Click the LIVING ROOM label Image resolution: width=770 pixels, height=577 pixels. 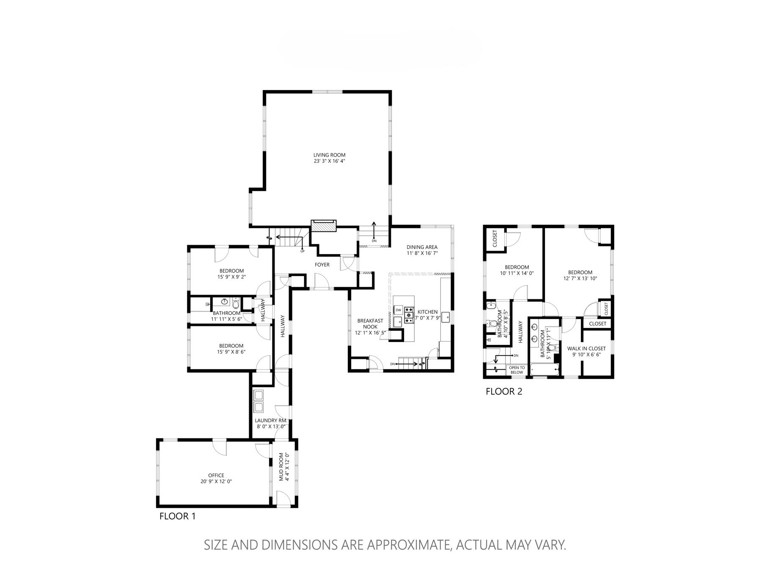click(x=329, y=155)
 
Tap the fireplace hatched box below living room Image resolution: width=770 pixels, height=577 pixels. click(x=324, y=226)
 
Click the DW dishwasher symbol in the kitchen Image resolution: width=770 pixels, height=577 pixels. click(x=398, y=310)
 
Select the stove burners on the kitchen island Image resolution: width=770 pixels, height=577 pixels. click(x=409, y=315)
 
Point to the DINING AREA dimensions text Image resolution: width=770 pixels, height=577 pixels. click(x=422, y=253)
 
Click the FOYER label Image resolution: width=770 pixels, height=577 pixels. click(x=322, y=265)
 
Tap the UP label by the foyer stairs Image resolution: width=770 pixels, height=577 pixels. click(x=302, y=251)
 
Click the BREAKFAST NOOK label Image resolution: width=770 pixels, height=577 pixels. click(x=370, y=323)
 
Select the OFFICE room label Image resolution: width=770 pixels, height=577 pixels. click(x=216, y=475)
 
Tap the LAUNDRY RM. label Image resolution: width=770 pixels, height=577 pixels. click(x=271, y=421)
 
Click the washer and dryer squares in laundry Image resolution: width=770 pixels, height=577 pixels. click(x=258, y=401)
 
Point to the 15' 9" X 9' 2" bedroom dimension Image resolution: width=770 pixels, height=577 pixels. click(x=231, y=277)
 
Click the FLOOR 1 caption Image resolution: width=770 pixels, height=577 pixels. click(x=177, y=516)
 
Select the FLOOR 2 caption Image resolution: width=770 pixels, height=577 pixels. click(x=504, y=391)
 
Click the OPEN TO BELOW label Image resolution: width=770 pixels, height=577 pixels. click(x=517, y=370)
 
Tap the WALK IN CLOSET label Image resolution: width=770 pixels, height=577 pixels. click(x=586, y=349)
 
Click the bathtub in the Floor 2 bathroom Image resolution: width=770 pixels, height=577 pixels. click(x=544, y=370)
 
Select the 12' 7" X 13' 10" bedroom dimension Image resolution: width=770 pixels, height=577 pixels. click(x=580, y=279)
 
